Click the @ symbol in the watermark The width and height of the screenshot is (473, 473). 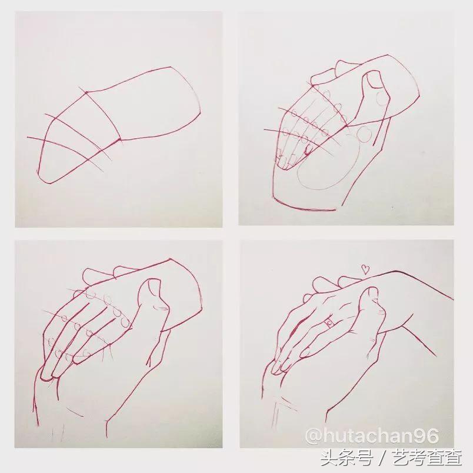pos(313,437)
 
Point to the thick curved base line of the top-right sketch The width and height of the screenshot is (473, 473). pos(306,207)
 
